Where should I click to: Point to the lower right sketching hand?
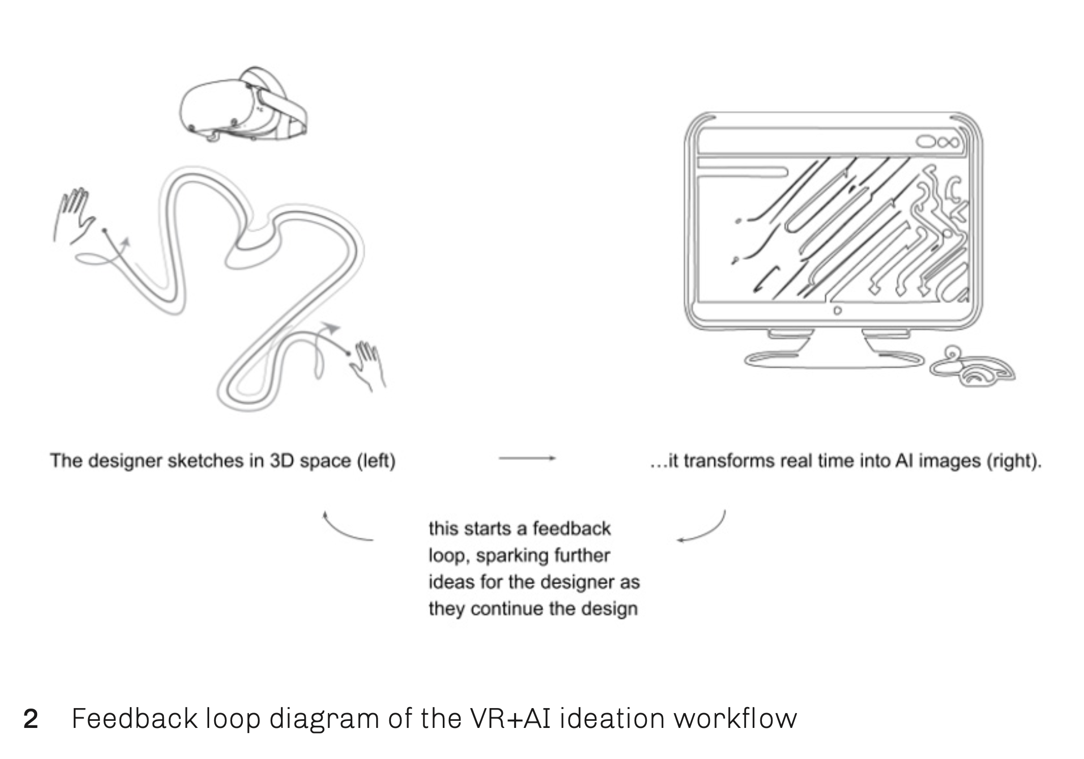point(369,365)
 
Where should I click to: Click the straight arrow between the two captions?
point(527,458)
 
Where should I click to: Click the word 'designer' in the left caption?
point(122,461)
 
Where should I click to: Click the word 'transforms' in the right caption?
point(729,461)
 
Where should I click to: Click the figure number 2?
point(31,719)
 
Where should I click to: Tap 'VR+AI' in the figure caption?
point(509,719)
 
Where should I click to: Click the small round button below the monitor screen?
point(837,310)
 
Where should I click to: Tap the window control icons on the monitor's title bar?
point(939,142)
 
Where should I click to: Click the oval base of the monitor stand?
point(835,359)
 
